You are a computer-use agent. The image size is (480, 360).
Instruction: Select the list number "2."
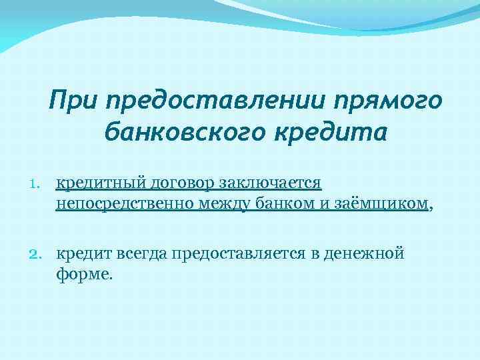pos(36,254)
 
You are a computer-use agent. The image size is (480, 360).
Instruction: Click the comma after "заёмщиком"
pos(431,207)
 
